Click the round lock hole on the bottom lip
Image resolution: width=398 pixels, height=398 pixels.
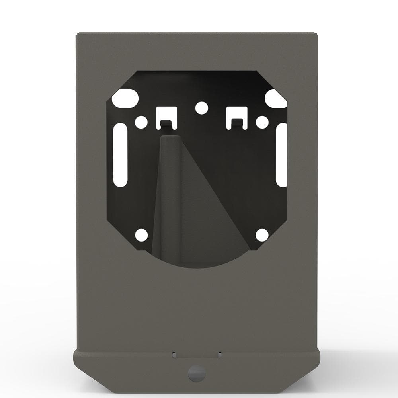(x=197, y=373)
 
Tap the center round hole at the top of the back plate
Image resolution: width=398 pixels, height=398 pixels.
(x=201, y=107)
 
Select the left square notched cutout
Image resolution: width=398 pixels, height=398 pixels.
(x=166, y=115)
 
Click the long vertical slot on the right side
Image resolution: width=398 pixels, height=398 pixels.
(x=282, y=155)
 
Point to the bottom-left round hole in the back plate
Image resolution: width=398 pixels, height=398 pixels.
(x=141, y=235)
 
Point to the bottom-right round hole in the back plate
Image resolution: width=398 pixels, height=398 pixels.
(x=262, y=235)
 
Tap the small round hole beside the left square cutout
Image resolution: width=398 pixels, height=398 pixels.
(x=141, y=122)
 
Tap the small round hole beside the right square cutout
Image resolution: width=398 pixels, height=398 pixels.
(x=261, y=122)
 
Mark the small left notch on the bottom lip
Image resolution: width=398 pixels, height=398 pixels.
(x=174, y=353)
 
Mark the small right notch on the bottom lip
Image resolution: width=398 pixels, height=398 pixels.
(x=219, y=353)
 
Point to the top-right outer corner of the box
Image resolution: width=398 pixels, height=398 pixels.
(x=318, y=33)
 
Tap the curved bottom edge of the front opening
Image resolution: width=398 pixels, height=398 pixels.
(x=201, y=267)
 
